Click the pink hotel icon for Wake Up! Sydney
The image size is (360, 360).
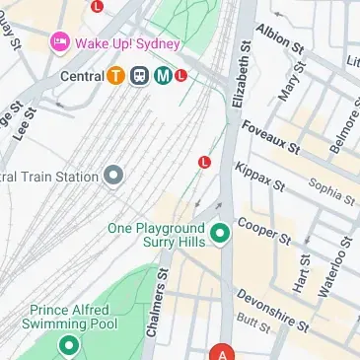click(58, 42)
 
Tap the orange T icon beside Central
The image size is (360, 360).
click(116, 75)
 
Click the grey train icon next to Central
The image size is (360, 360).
click(138, 75)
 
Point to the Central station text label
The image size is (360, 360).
click(82, 75)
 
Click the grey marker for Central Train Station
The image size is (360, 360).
click(114, 177)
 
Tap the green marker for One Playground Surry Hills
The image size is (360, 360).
click(220, 234)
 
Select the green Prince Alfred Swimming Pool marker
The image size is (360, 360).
click(69, 345)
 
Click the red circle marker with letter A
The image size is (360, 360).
click(223, 353)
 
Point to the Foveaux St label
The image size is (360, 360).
click(275, 138)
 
